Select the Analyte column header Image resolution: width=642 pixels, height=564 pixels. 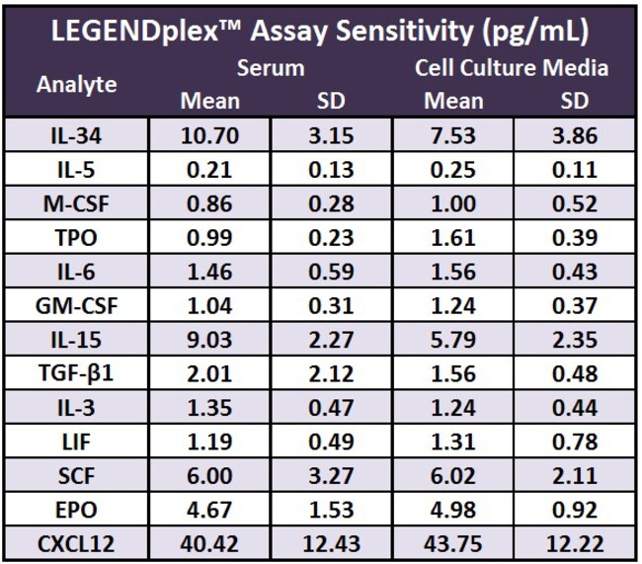click(76, 84)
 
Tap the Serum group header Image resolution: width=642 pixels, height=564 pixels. click(270, 68)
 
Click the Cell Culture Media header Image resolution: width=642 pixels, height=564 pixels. click(511, 68)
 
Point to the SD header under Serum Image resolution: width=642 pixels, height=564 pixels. click(331, 101)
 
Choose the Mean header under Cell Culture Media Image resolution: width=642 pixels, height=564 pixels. click(453, 101)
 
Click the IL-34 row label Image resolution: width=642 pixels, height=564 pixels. click(76, 134)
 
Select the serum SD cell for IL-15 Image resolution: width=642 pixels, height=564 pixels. click(331, 339)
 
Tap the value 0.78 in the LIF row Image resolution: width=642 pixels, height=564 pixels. click(573, 441)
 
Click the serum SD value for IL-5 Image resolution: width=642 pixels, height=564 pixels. click(331, 169)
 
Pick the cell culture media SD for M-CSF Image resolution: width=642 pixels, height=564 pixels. click(573, 202)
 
